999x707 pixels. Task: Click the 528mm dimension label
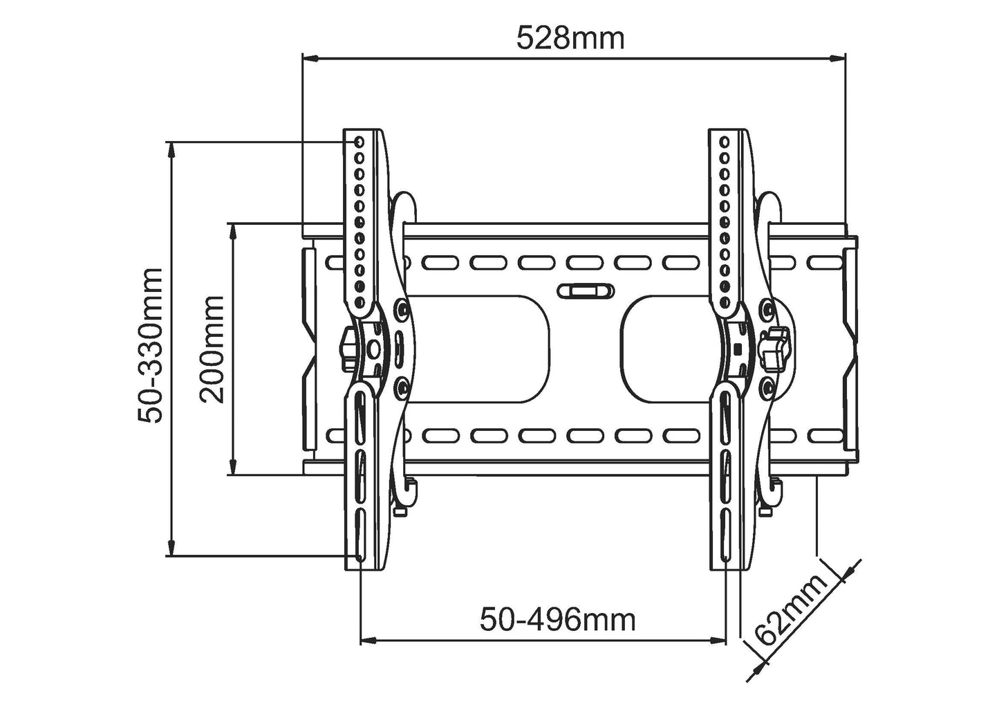click(x=570, y=38)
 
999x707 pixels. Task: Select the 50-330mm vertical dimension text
click(x=150, y=346)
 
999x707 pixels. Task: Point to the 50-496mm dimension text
click(x=558, y=620)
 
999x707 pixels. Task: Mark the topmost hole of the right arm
click(x=725, y=143)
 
